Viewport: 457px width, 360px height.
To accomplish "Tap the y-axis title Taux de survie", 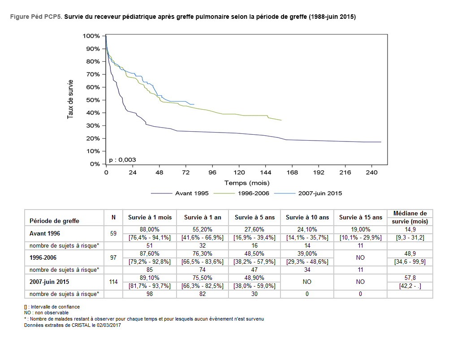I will click(70, 100).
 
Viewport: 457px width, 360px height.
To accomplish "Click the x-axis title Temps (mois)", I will click(247, 183).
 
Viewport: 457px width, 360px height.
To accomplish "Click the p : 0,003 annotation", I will click(122, 160).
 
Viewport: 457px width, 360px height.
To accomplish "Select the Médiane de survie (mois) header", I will click(410, 217).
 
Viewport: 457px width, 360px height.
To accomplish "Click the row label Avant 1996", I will click(45, 233).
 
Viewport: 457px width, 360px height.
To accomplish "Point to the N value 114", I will click(113, 282).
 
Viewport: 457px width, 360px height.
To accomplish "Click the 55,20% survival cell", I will click(203, 229).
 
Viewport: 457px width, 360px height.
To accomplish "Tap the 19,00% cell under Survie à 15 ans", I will click(361, 229).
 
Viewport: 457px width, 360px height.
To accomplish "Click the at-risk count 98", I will click(150, 294).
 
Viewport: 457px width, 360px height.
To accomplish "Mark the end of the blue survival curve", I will click(194, 104).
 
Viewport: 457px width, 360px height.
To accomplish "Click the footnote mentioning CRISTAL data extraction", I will click(73, 326).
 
